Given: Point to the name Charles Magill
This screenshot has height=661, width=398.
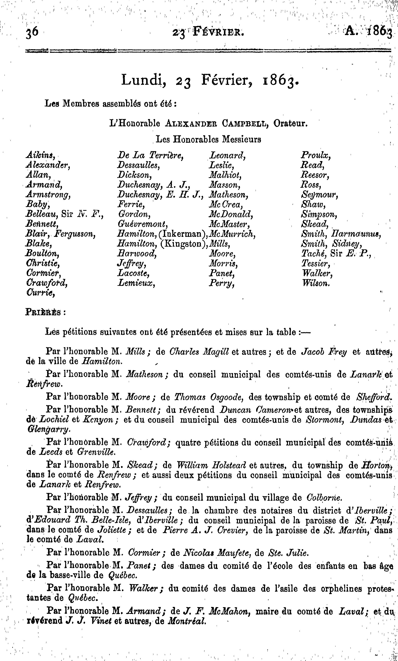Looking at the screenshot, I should pyautogui.click(x=199, y=352).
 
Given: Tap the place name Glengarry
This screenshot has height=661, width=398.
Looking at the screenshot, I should pyautogui.click(x=49, y=430).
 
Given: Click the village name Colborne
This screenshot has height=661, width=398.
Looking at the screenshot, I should pyautogui.click(x=324, y=498).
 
